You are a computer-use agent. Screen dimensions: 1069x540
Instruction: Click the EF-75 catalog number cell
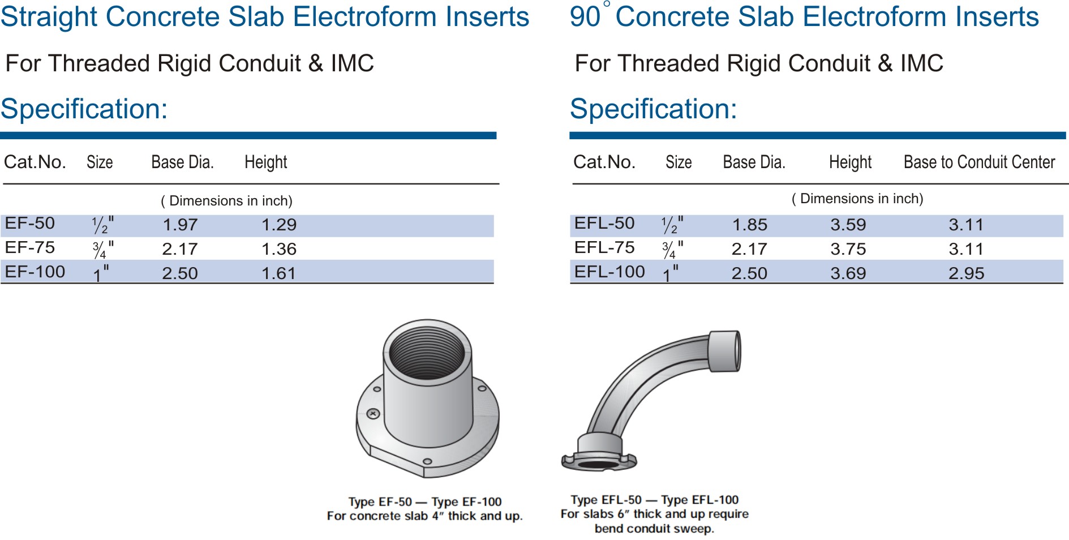click(30, 247)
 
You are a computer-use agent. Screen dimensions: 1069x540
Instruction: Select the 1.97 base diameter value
click(180, 225)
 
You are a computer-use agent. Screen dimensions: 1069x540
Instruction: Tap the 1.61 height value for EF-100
click(279, 273)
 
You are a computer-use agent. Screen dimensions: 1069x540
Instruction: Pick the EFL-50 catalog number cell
click(604, 223)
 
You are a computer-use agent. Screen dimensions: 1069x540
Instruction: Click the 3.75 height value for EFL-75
click(848, 249)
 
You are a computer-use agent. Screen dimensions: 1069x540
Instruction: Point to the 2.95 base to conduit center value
click(967, 273)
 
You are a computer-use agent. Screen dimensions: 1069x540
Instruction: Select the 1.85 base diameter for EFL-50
click(750, 225)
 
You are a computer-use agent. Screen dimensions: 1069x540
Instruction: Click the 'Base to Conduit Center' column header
click(980, 162)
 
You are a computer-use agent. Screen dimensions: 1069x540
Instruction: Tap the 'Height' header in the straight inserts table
click(266, 162)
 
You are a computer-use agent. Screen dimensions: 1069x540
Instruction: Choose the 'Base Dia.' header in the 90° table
click(754, 162)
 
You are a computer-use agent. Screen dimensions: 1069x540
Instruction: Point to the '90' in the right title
click(585, 17)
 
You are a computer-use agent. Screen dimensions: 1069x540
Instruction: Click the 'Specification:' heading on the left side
click(84, 109)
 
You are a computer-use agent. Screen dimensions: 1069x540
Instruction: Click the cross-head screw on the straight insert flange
click(373, 414)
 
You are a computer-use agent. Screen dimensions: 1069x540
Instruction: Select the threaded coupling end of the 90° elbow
click(724, 351)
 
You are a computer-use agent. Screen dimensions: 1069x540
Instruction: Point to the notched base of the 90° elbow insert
click(599, 456)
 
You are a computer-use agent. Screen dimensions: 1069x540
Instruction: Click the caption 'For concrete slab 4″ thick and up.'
click(424, 516)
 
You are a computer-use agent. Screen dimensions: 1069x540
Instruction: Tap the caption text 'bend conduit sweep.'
click(654, 529)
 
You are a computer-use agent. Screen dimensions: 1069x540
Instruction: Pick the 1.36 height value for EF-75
click(279, 249)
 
